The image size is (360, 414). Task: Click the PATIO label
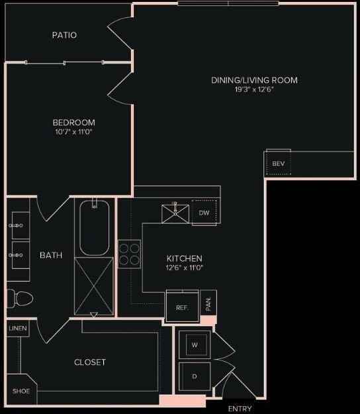(65, 35)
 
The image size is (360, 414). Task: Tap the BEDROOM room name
(74, 123)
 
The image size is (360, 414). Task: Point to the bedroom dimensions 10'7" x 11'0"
(74, 132)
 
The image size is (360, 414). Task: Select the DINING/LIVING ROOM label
(254, 80)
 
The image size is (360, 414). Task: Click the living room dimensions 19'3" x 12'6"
(254, 89)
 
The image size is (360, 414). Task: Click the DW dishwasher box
(204, 212)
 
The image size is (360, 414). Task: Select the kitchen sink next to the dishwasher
(175, 212)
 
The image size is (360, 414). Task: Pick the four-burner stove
(130, 252)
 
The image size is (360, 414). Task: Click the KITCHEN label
(184, 258)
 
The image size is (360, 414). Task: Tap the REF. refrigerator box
(182, 307)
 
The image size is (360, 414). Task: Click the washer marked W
(195, 345)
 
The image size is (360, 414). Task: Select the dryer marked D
(195, 376)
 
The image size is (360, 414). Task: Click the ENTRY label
(240, 409)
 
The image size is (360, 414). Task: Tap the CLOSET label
(90, 362)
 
